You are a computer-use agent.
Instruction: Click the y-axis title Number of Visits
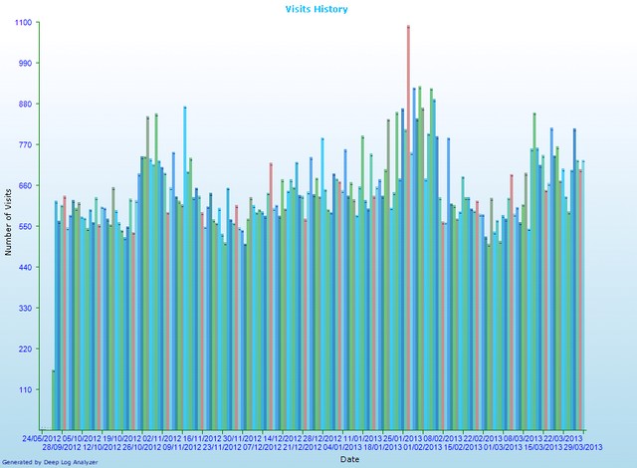(x=8, y=220)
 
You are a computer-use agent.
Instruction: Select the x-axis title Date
(x=350, y=459)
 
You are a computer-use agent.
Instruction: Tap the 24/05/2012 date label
(x=45, y=437)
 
